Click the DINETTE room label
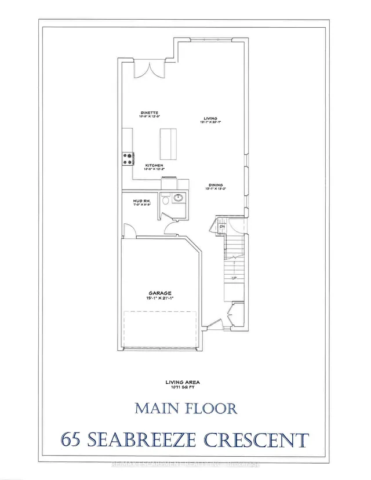click(x=149, y=112)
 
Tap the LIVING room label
click(x=202, y=117)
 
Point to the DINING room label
click(x=215, y=184)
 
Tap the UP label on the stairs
click(x=234, y=278)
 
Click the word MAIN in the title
click(x=156, y=408)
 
